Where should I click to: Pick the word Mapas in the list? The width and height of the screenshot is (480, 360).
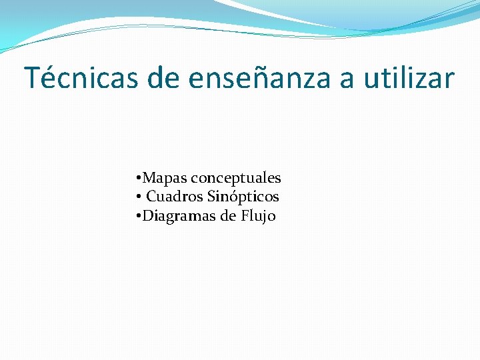pyautogui.click(x=165, y=179)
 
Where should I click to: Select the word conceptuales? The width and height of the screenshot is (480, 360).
pyautogui.click(x=236, y=179)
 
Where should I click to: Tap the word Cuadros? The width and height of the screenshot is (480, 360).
pyautogui.click(x=175, y=197)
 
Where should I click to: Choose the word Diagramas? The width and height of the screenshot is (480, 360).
pyautogui.click(x=180, y=216)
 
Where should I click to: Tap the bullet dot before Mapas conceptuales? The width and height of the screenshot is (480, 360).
pyautogui.click(x=137, y=179)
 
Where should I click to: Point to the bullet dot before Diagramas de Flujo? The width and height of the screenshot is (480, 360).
pyautogui.click(x=137, y=216)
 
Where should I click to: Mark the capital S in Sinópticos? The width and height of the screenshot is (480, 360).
pyautogui.click(x=212, y=197)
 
